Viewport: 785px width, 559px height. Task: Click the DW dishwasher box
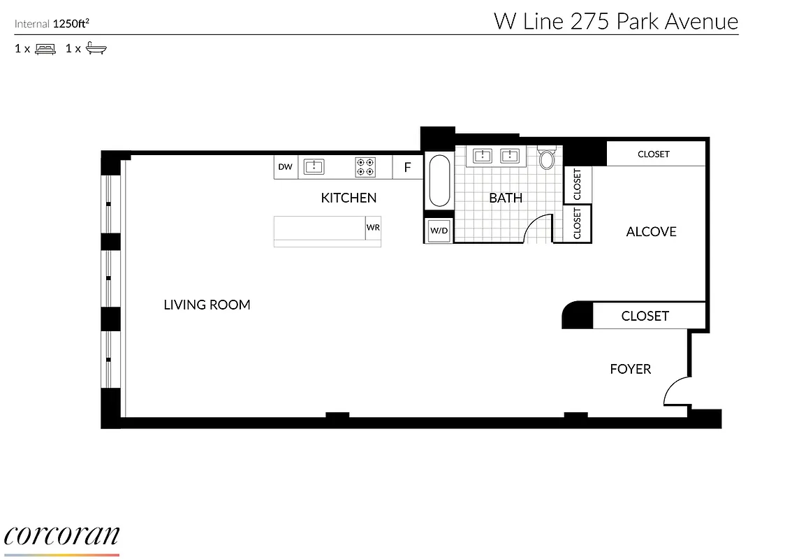(x=285, y=167)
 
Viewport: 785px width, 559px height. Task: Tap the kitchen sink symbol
(x=314, y=166)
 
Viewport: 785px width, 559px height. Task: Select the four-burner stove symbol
(x=365, y=166)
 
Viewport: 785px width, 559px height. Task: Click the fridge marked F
(x=408, y=168)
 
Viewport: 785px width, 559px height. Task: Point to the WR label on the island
(x=373, y=228)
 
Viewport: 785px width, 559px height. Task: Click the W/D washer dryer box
(x=439, y=231)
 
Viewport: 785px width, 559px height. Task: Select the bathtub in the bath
(x=439, y=180)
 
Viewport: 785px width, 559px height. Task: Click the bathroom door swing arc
(x=539, y=227)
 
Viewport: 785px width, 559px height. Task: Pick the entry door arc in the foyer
(x=675, y=391)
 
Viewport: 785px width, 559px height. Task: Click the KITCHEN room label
(x=349, y=198)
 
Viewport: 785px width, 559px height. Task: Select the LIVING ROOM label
(x=207, y=305)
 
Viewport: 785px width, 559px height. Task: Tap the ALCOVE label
(x=651, y=231)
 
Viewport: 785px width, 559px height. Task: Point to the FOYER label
(x=630, y=369)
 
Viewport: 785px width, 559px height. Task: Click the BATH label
(x=506, y=198)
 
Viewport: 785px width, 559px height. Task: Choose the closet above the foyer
(x=645, y=316)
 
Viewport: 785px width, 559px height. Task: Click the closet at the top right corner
(x=654, y=154)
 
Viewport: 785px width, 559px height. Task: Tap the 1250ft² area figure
(x=71, y=24)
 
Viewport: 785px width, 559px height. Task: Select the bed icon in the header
(x=45, y=49)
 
